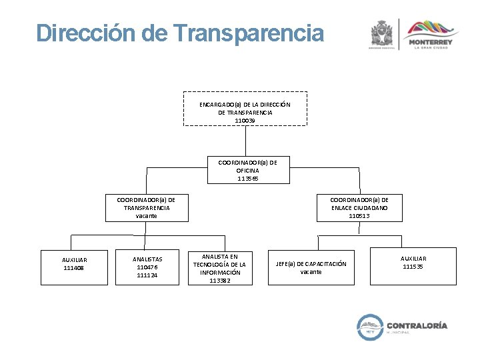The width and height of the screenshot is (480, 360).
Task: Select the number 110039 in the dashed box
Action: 245,121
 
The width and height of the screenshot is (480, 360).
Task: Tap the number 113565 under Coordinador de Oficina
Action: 247,179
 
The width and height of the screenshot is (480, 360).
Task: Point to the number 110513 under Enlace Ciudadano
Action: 359,216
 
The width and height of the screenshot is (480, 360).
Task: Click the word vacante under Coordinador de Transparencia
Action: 147,216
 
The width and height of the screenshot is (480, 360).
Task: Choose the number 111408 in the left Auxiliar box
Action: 75,268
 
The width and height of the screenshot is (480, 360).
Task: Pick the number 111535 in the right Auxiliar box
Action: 413,267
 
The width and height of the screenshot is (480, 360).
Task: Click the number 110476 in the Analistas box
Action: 147,267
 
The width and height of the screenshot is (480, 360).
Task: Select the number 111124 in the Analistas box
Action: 147,275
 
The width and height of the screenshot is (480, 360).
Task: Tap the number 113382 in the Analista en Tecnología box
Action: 219,281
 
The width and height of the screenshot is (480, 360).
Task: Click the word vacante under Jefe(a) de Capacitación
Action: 311,272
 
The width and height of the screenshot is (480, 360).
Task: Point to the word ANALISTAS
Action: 147,259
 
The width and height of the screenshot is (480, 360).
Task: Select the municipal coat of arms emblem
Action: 382,33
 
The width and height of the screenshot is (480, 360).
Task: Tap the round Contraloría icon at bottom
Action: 370,327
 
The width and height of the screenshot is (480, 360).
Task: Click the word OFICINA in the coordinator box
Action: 247,171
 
